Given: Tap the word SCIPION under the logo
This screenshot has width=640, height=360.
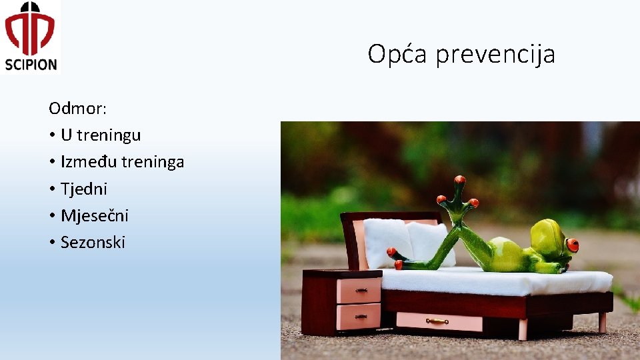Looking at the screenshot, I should (31, 64).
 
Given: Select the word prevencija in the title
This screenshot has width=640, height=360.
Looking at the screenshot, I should (495, 55).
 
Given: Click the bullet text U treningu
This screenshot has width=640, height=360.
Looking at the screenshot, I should (101, 135).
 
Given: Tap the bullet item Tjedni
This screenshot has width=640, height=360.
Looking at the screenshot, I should (84, 189).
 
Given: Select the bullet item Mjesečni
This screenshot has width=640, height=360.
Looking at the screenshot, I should (95, 215).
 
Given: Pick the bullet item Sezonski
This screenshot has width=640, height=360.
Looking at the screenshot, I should (93, 242).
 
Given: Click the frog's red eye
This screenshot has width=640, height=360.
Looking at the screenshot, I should (571, 245).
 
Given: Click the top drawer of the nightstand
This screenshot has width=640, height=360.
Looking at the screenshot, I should (358, 290).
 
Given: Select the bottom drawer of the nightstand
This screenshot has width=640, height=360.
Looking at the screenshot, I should (358, 316).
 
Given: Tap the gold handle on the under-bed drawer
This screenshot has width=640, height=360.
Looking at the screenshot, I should (437, 321).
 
